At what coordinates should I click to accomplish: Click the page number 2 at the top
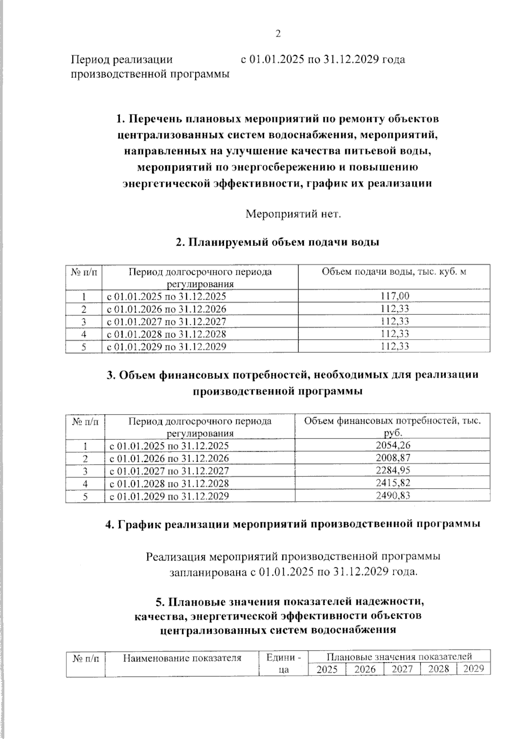[x=278, y=34]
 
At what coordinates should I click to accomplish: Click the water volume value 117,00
[x=394, y=296]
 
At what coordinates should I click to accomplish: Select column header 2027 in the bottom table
[x=402, y=669]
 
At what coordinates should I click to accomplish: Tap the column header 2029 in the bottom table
[x=473, y=669]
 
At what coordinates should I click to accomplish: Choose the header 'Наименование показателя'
[x=182, y=658]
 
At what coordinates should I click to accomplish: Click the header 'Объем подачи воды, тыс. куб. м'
[x=394, y=272]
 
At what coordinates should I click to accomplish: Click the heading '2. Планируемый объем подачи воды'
[x=278, y=243]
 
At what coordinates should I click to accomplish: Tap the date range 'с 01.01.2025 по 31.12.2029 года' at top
[x=323, y=60]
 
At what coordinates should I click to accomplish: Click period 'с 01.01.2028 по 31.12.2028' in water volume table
[x=166, y=334]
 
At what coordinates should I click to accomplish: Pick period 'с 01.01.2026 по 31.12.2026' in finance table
[x=169, y=458]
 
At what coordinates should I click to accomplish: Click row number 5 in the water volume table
[x=84, y=347]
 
